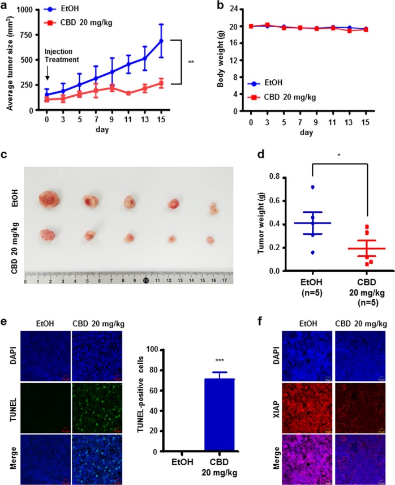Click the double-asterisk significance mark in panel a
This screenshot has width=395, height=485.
point(191,62)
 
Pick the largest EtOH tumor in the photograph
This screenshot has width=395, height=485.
point(51,199)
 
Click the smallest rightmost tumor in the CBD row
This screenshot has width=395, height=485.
point(211,240)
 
